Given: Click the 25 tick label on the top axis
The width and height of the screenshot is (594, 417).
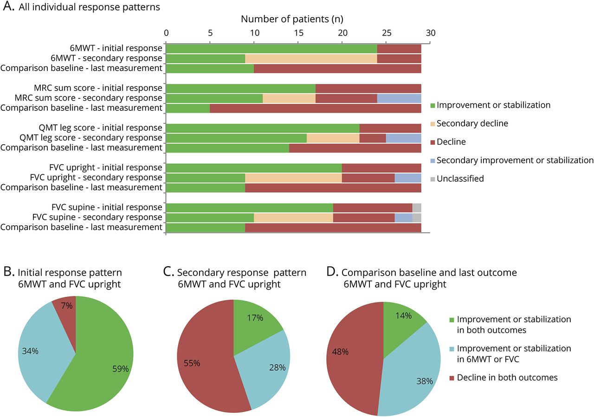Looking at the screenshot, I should tap(387, 33).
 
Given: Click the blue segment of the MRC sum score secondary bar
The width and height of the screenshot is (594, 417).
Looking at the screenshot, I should tap(399, 98).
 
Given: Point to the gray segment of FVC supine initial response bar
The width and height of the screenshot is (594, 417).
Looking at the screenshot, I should tap(417, 207).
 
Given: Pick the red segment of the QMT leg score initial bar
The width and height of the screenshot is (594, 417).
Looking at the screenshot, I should tap(390, 128).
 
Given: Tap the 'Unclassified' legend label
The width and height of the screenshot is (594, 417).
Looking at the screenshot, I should tap(460, 179).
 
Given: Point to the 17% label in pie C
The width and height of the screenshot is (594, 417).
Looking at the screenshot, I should tap(255, 318).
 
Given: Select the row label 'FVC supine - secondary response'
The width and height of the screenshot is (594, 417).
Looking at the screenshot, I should tap(97, 217).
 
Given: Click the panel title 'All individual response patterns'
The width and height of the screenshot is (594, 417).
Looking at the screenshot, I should tap(89, 7).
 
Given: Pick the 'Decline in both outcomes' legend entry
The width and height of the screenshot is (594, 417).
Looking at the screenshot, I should tap(507, 378).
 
